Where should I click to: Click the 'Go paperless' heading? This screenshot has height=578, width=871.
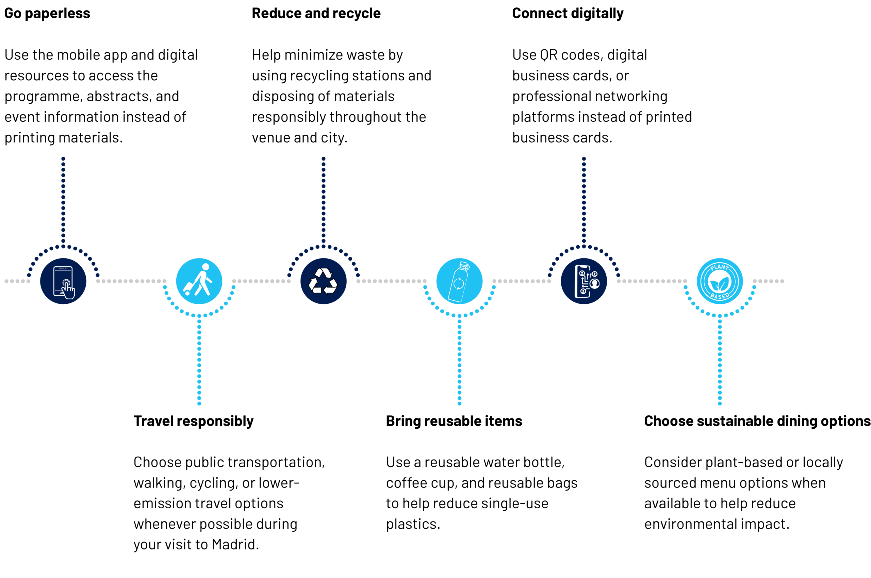pyautogui.click(x=47, y=14)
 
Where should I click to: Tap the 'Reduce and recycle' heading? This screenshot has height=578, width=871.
pyautogui.click(x=316, y=13)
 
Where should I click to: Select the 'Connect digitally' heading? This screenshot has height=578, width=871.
pyautogui.click(x=568, y=14)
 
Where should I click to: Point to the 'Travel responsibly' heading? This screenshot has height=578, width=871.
pyautogui.click(x=194, y=421)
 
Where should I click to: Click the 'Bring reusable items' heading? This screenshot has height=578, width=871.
pyautogui.click(x=454, y=421)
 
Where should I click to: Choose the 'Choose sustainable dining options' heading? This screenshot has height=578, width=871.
pyautogui.click(x=757, y=421)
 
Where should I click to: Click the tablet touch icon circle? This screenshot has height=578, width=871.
pyautogui.click(x=63, y=281)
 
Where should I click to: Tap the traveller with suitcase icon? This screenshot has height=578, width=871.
pyautogui.click(x=199, y=281)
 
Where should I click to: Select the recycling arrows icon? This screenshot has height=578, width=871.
pyautogui.click(x=323, y=281)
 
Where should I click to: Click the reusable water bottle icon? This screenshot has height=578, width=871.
pyautogui.click(x=459, y=281)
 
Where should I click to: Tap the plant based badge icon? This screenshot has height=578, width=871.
pyautogui.click(x=720, y=281)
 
